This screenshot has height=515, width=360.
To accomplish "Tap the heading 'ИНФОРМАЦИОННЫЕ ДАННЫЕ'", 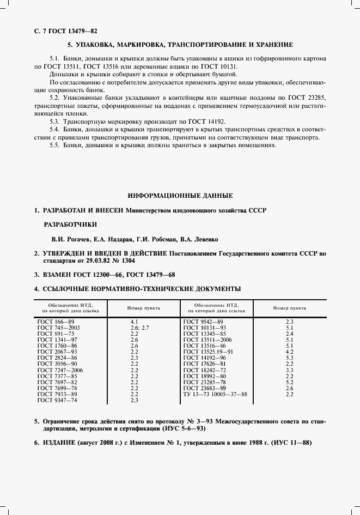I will (x=180, y=195).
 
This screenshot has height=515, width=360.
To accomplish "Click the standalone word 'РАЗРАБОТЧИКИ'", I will (x=70, y=224).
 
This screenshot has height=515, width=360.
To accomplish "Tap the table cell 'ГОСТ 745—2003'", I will (x=58, y=328).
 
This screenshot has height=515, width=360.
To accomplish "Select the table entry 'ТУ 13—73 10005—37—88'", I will (x=216, y=394).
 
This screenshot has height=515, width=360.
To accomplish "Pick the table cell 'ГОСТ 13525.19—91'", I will (x=210, y=352).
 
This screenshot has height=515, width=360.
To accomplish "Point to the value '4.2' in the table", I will (x=289, y=352).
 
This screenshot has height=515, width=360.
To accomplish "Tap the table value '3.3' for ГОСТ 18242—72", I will (x=289, y=370).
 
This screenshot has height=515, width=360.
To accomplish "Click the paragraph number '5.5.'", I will (x=55, y=146).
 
